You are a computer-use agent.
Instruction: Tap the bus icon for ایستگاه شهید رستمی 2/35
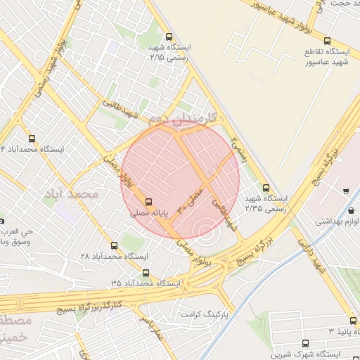pyautogui.click(x=266, y=188)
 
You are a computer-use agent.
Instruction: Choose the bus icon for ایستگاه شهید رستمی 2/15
pyautogui.click(x=168, y=37)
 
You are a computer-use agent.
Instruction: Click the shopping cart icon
pyautogui.click(x=346, y=191)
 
